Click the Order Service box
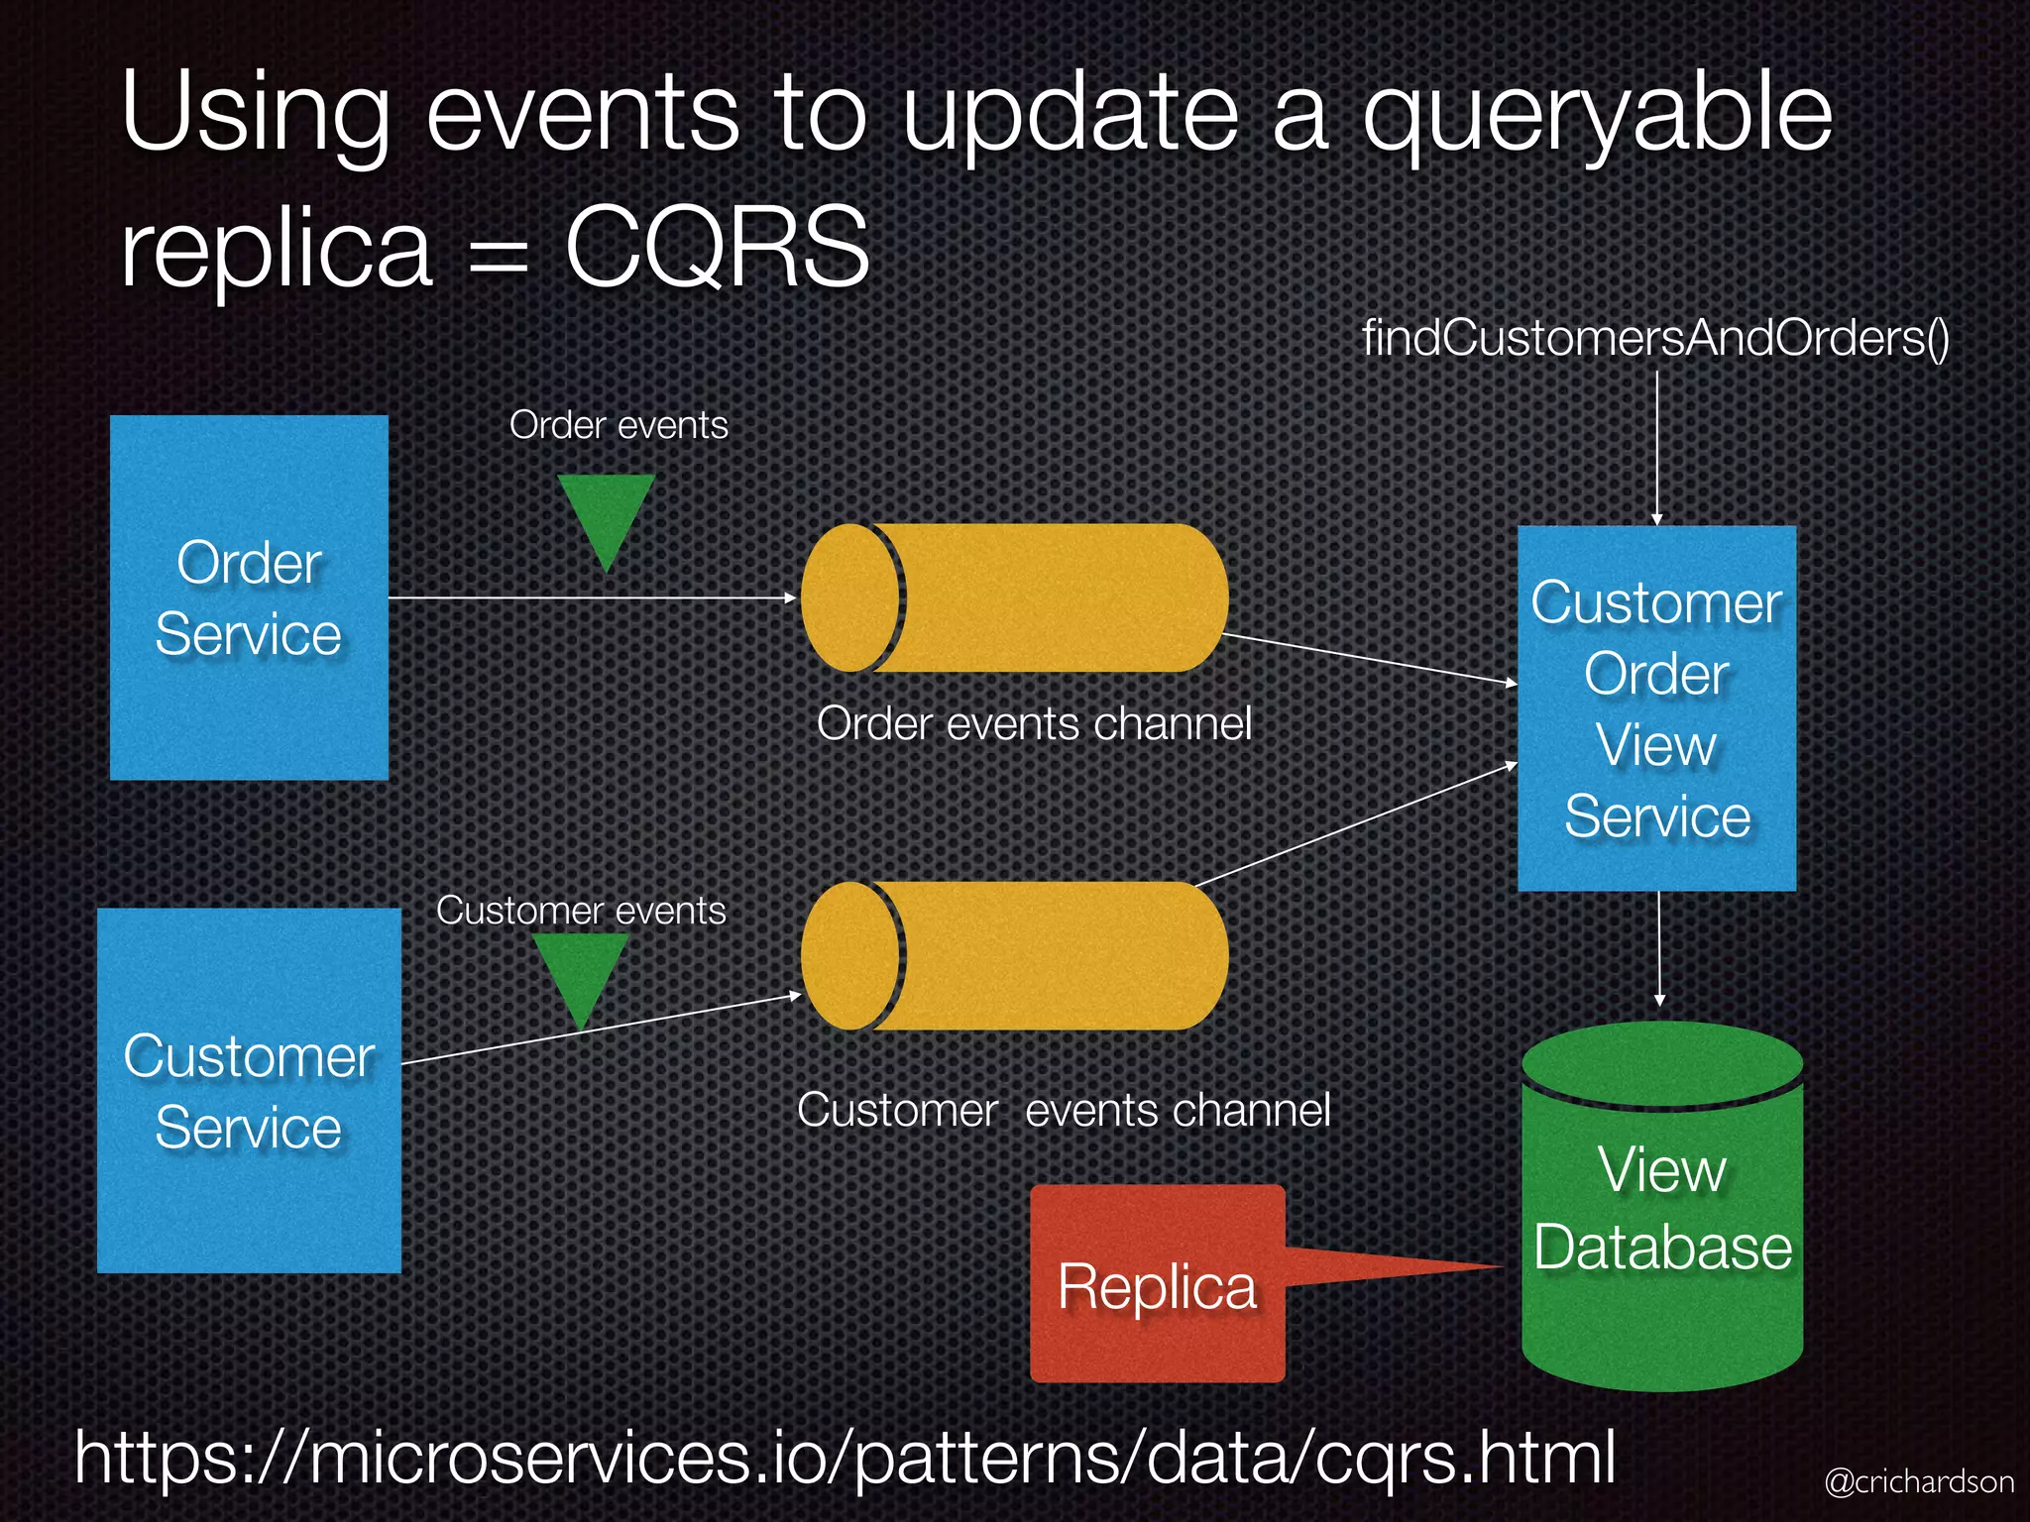coord(248,597)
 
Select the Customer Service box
coord(249,1090)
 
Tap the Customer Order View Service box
coord(1656,707)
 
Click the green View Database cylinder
coord(1662,1209)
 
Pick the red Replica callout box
coord(1157,1284)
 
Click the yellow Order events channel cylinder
coord(1014,598)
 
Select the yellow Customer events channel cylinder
coord(1014,955)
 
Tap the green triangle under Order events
coord(606,516)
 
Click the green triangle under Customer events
coord(581,974)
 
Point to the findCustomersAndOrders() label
coord(1655,338)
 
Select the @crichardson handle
coord(1919,1481)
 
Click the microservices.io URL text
coord(845,1457)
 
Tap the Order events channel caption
coord(1034,723)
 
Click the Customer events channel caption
coord(1064,1110)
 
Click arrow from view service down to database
coord(1659,948)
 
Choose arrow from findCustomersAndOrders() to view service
coord(1656,446)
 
